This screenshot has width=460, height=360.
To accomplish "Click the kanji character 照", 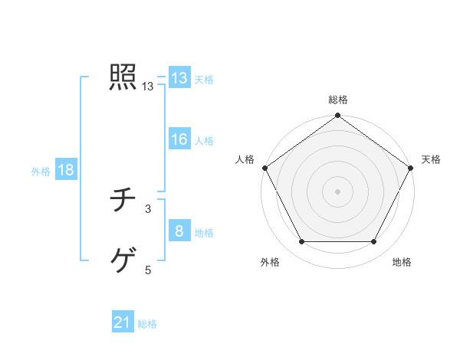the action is (x=123, y=77).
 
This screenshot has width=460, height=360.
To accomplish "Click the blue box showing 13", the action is (x=179, y=78).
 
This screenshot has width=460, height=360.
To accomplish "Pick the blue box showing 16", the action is (x=179, y=139).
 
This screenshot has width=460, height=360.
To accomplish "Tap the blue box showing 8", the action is (x=179, y=231).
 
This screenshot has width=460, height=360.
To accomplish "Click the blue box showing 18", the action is (x=65, y=170).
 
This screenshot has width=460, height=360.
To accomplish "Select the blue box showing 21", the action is (x=123, y=322).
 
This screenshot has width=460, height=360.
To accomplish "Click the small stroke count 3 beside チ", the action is (x=148, y=208).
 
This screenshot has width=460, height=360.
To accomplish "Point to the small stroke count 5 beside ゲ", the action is (x=148, y=270).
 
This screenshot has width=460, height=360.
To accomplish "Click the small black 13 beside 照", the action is (x=148, y=87).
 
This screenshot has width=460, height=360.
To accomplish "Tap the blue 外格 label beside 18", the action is (x=41, y=172).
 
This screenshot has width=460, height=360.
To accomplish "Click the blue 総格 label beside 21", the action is (x=147, y=324).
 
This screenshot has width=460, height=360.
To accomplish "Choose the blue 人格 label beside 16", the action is (x=204, y=141).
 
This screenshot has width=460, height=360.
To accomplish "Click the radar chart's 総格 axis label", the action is (x=338, y=100).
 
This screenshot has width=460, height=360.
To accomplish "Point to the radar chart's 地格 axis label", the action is (x=402, y=263).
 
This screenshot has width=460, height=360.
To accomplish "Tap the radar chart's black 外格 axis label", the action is (x=269, y=263).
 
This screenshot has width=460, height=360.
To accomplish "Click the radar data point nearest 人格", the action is (x=265, y=168).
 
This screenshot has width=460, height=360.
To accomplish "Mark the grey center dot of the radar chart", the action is (x=338, y=191).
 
